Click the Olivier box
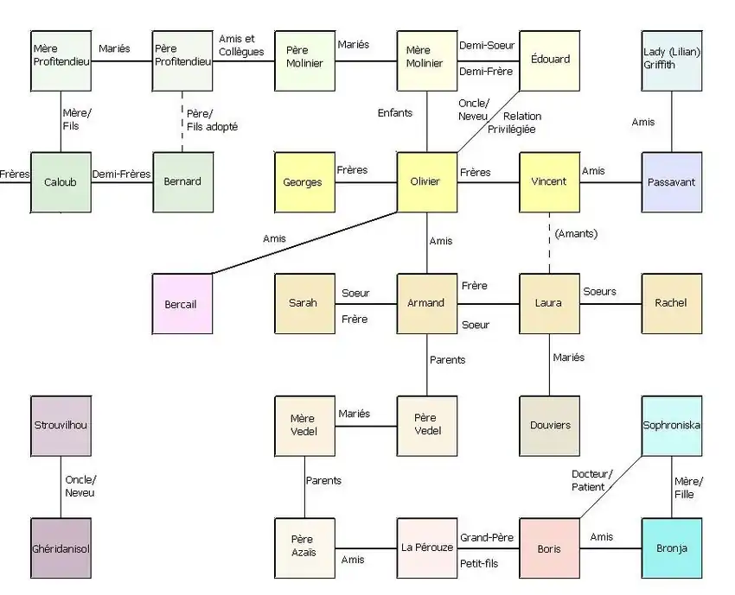pyautogui.click(x=427, y=182)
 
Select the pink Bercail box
pyautogui.click(x=182, y=304)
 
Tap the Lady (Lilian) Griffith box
pyautogui.click(x=672, y=60)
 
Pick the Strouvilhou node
pyautogui.click(x=61, y=426)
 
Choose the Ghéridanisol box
pyautogui.click(x=61, y=548)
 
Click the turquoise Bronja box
pyautogui.click(x=672, y=548)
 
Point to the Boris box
pyautogui.click(x=549, y=548)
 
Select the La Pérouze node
pyautogui.click(x=427, y=548)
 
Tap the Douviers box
pyautogui.click(x=549, y=426)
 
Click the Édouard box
pyautogui.click(x=549, y=60)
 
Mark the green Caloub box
pyautogui.click(x=61, y=182)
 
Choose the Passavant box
pyautogui.click(x=672, y=182)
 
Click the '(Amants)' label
pyautogui.click(x=577, y=233)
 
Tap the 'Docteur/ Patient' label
pyautogui.click(x=592, y=480)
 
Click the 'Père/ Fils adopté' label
pyautogui.click(x=212, y=120)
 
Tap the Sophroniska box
pyautogui.click(x=672, y=426)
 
